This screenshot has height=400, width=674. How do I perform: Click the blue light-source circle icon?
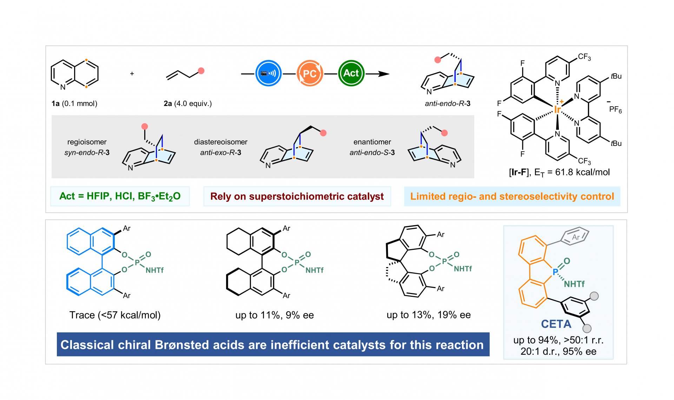pyautogui.click(x=269, y=73)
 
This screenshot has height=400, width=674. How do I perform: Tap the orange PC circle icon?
pyautogui.click(x=310, y=73)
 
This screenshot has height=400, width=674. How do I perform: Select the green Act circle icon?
pyautogui.click(x=351, y=73)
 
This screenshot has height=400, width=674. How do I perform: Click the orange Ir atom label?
pyautogui.click(x=557, y=109)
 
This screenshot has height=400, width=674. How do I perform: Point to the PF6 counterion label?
pyautogui.click(x=615, y=109)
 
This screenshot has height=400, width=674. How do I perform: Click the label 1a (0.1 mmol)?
pyautogui.click(x=74, y=104)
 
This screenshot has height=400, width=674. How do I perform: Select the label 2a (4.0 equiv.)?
pyautogui.click(x=188, y=104)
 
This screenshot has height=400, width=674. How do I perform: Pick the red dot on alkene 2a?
pyautogui.click(x=201, y=71)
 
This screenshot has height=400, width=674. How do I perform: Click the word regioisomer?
pyautogui.click(x=87, y=142)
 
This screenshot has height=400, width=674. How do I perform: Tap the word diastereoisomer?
pyautogui.click(x=221, y=142)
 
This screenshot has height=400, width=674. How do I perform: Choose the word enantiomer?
pyautogui.click(x=372, y=142)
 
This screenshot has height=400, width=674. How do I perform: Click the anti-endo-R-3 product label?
pyautogui.click(x=448, y=104)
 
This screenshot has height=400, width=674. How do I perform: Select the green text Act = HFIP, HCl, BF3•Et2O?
pyautogui.click(x=120, y=196)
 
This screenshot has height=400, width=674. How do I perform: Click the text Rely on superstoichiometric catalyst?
pyautogui.click(x=297, y=196)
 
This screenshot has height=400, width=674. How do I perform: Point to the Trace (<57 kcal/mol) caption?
pyautogui.click(x=115, y=315)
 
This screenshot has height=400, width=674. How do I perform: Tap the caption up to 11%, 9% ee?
pyautogui.click(x=275, y=315)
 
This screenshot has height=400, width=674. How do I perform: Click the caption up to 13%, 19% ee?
pyautogui.click(x=429, y=315)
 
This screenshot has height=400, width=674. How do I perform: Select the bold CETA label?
pyautogui.click(x=556, y=324)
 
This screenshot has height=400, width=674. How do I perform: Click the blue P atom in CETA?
pyautogui.click(x=555, y=272)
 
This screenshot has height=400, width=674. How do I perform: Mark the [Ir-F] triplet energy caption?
pyautogui.click(x=560, y=172)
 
